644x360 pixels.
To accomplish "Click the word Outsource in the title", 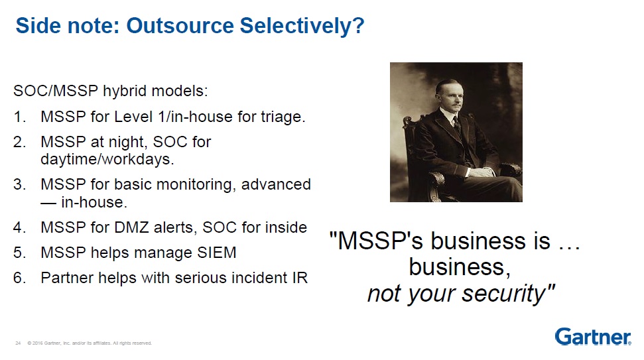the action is point(180,25).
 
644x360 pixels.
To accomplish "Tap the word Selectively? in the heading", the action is point(302,27).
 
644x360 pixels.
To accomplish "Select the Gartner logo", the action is point(593,337).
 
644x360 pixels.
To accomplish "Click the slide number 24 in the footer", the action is point(18,343).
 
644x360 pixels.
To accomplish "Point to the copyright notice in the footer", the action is point(90,343).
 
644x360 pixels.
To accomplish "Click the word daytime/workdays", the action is point(107,159).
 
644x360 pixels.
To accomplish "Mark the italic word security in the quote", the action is point(509,294).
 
